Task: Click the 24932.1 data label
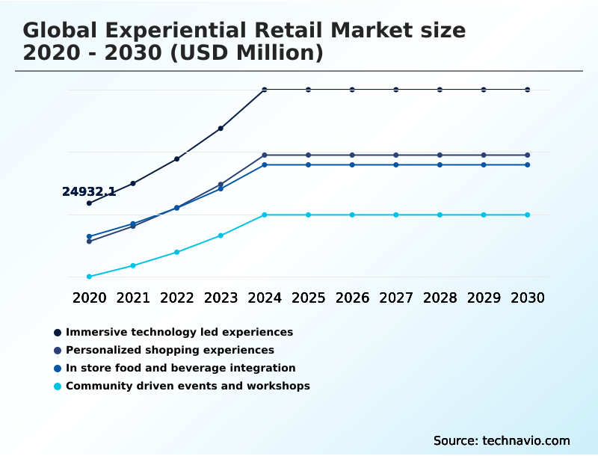click(x=88, y=192)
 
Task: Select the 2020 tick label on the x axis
click(x=90, y=298)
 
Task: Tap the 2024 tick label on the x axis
click(x=265, y=298)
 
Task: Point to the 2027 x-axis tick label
click(x=396, y=298)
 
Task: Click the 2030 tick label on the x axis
click(x=528, y=298)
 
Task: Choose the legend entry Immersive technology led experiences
click(x=179, y=332)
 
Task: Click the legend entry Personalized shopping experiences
click(x=170, y=350)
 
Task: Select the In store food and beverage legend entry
click(x=180, y=368)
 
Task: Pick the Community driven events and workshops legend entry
click(x=188, y=386)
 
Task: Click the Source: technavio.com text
click(x=502, y=440)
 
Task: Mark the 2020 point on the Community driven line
click(x=90, y=277)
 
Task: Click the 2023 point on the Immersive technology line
click(x=221, y=129)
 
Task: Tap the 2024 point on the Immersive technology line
click(x=265, y=90)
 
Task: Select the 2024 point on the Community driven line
click(x=265, y=215)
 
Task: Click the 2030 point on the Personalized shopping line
click(x=528, y=155)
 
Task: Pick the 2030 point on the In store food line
click(x=528, y=164)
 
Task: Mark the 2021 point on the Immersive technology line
click(x=133, y=183)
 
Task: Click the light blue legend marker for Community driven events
click(x=58, y=386)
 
